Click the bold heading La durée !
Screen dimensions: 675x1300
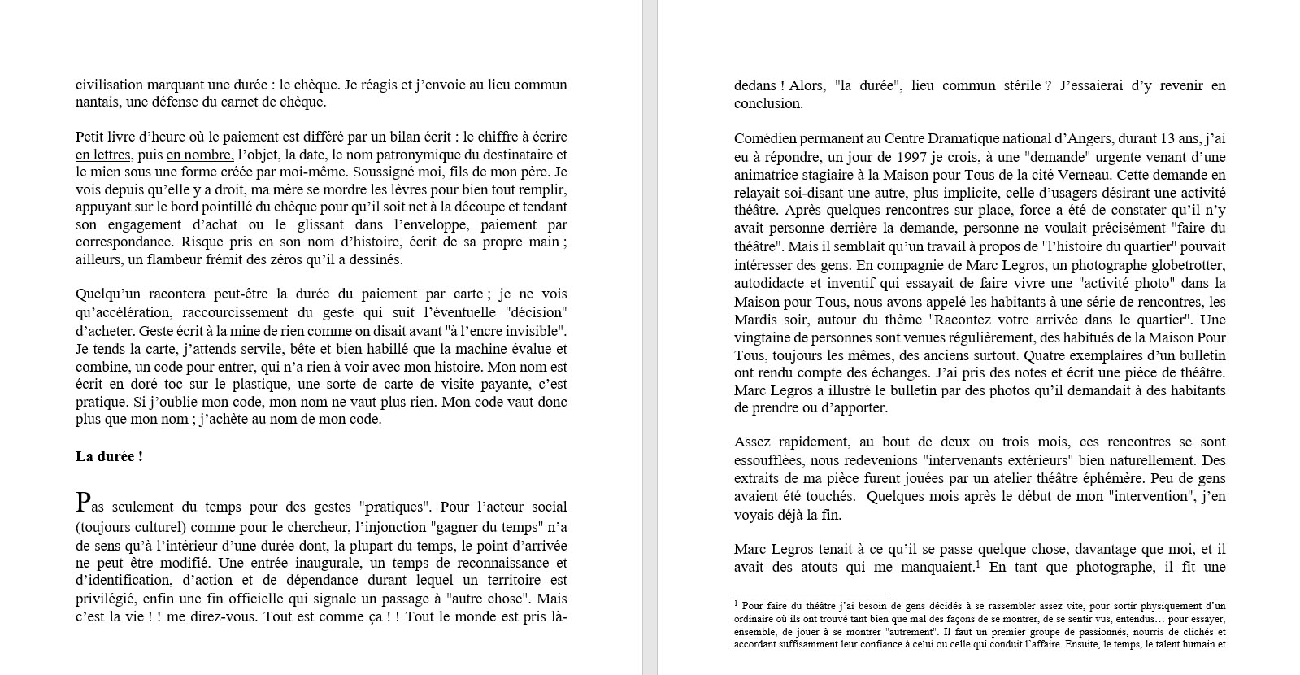point(109,456)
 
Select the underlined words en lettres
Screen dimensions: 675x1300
point(102,155)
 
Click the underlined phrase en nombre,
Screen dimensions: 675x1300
point(200,155)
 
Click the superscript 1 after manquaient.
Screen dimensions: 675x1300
point(977,564)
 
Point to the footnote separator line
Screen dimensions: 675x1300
point(811,594)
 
